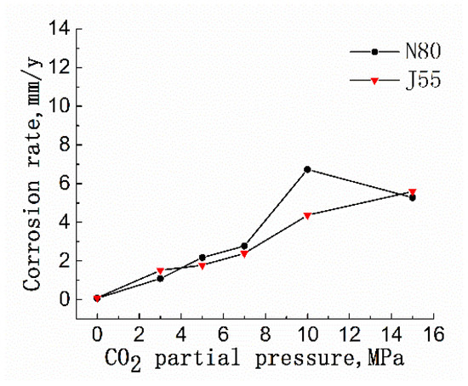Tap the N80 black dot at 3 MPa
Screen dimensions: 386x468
160,278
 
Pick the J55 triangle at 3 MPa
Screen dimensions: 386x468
160,271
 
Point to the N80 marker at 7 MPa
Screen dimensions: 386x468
244,246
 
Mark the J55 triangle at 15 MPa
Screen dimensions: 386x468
413,192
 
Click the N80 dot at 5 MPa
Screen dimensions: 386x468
203,258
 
